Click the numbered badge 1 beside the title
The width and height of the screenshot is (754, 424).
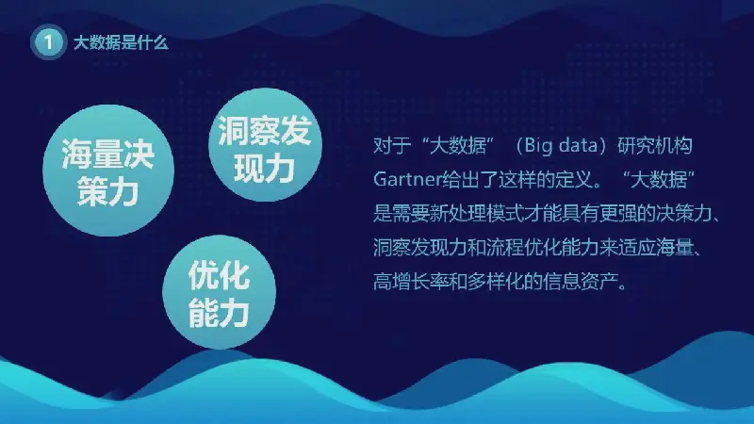coord(48,42)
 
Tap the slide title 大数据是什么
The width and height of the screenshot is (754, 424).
coord(122,42)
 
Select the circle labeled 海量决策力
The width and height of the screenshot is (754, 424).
coord(108,171)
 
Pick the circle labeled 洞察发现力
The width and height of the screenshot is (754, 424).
coord(265,145)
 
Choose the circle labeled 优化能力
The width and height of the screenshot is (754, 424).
coord(220,292)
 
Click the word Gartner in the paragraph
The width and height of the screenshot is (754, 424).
coord(407,179)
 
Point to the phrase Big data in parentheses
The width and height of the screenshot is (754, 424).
coord(561,145)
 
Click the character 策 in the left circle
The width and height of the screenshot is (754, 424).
coord(92,191)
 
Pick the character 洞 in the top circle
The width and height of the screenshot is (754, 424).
coord(234,130)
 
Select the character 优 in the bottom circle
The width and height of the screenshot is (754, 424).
coord(204,275)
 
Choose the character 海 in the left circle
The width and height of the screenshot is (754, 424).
coord(77,154)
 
